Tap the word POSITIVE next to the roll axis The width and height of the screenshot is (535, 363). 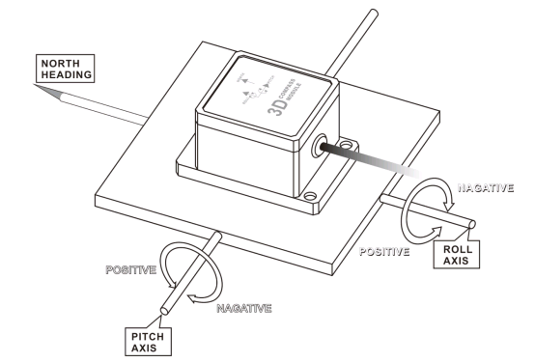386,248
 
